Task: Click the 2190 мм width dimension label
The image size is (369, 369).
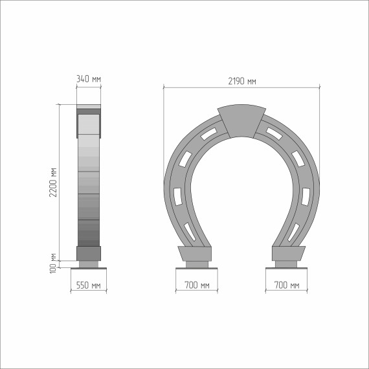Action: [242, 81]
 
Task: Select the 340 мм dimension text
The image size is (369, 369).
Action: [89, 79]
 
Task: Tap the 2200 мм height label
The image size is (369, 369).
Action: [53, 183]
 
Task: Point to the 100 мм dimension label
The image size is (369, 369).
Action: [53, 263]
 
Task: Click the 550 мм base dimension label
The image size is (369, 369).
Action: [89, 285]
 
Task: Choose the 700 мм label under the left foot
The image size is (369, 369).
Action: [197, 285]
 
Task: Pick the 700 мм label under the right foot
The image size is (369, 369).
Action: [287, 285]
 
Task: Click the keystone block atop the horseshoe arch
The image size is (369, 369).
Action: [241, 120]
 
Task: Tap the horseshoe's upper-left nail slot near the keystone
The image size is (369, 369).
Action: [208, 133]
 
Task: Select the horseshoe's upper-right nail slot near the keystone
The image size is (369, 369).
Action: [274, 133]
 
